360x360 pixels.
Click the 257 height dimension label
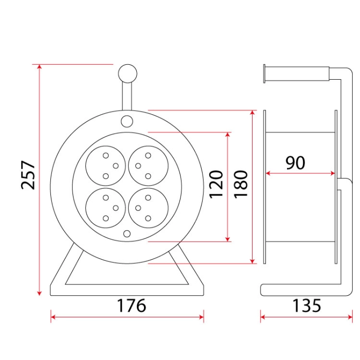(x=28, y=175)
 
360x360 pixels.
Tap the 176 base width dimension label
(x=132, y=305)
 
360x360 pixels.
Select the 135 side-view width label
(x=307, y=305)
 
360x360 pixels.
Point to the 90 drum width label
(x=296, y=163)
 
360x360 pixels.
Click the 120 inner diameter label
(x=216, y=184)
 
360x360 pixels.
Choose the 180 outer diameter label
(x=241, y=184)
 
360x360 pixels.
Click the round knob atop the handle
(x=128, y=74)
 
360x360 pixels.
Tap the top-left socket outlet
(x=105, y=166)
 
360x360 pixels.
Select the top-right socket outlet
(x=148, y=166)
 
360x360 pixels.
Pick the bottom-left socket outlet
(x=105, y=208)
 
